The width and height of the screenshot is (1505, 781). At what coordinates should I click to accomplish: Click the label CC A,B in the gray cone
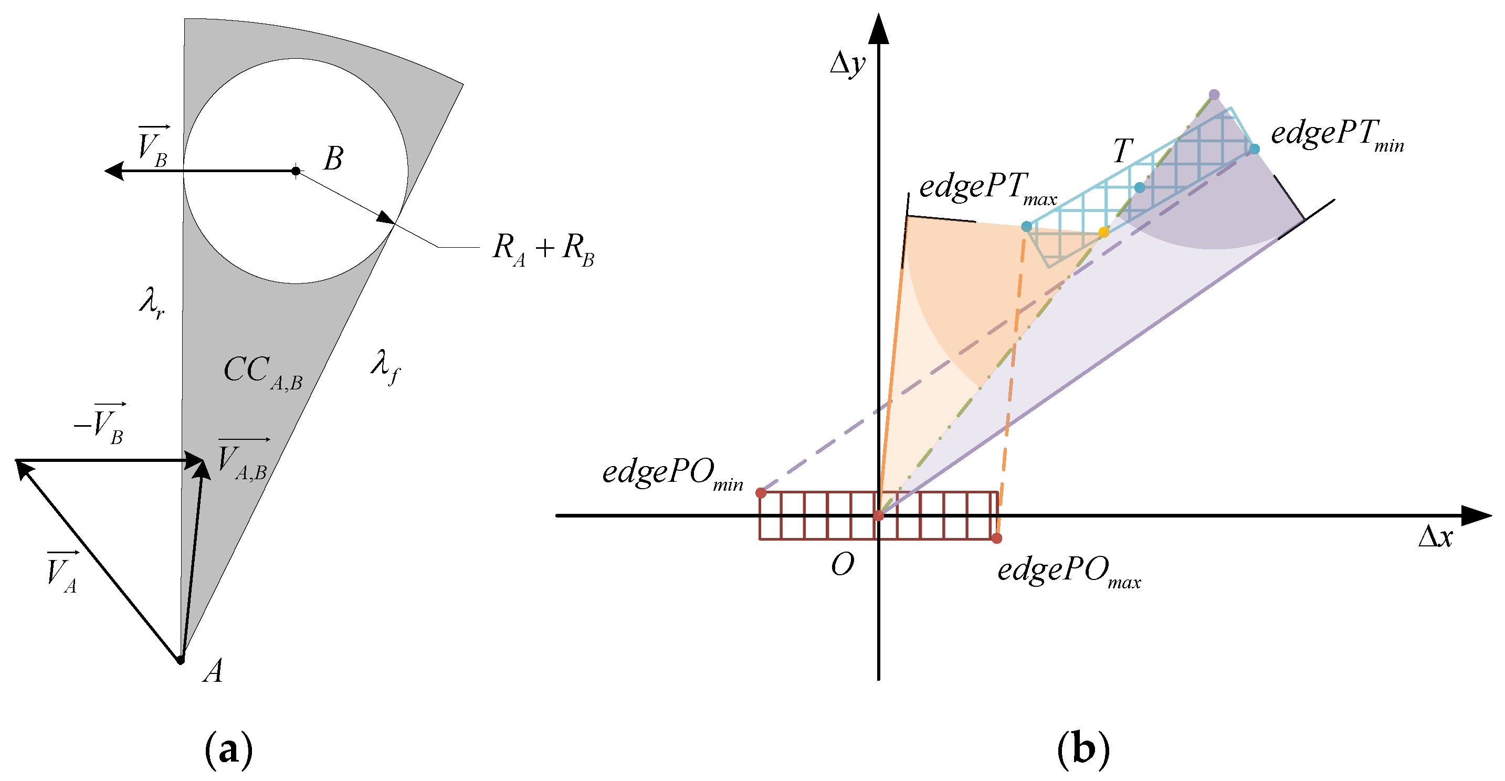coord(263,373)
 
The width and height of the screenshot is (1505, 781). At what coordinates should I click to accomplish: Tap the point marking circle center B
coord(296,171)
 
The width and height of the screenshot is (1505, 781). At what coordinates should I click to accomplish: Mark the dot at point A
coord(181,660)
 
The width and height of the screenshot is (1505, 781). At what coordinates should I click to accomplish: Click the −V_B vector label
coord(99,423)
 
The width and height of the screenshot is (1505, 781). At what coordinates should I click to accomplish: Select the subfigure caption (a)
coord(228,748)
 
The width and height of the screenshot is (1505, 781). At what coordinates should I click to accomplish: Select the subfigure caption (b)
coord(1082,748)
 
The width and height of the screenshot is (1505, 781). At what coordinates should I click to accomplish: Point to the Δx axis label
coord(1435,536)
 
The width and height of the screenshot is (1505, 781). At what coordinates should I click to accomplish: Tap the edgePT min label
coord(1336,135)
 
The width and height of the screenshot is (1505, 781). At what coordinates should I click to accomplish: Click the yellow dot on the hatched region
coord(1103,233)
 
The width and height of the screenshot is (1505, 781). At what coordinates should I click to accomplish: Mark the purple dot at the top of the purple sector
coord(1214,94)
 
